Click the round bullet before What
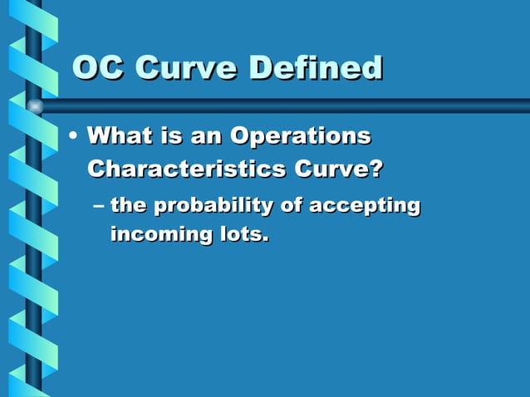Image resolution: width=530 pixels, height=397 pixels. click(x=75, y=135)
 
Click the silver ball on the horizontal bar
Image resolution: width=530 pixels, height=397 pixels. click(x=35, y=106)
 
